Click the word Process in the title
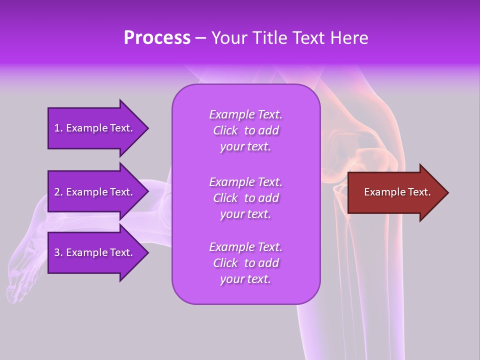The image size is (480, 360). click(x=157, y=37)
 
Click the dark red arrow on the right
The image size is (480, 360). click(x=395, y=192)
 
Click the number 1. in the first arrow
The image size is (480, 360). click(x=58, y=128)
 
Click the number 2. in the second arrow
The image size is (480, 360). click(x=58, y=192)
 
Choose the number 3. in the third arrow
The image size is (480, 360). click(x=58, y=252)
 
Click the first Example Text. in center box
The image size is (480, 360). click(x=245, y=114)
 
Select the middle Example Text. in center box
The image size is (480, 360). click(x=245, y=182)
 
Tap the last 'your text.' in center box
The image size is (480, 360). click(x=245, y=279)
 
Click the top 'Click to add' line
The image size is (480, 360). click(x=245, y=130)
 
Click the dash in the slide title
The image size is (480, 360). click(x=200, y=38)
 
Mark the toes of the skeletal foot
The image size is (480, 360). click(x=17, y=290)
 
